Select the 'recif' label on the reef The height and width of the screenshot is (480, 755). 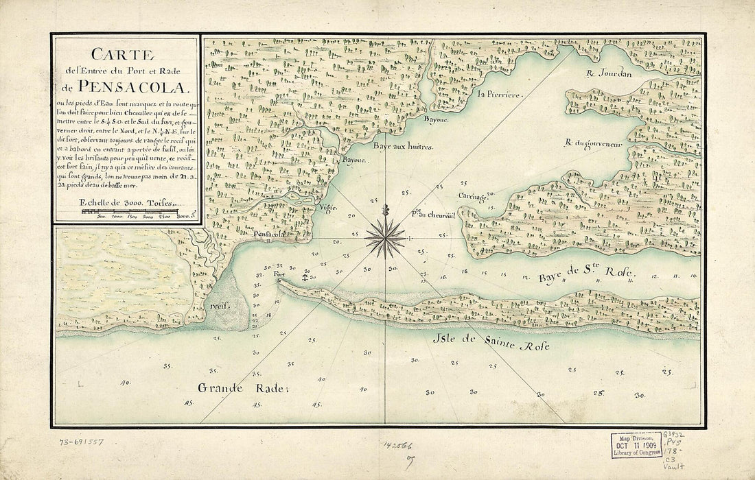[x=220, y=302]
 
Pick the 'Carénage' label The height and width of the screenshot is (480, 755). [x=474, y=195]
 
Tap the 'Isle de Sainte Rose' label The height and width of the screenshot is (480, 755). [x=491, y=344]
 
